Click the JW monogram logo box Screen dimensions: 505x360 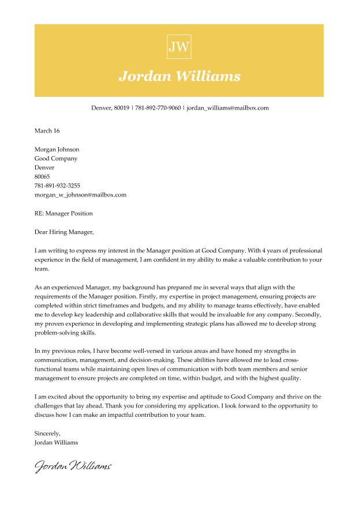[179, 47]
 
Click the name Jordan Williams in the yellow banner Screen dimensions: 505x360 [179, 76]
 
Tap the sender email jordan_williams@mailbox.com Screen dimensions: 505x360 [228, 108]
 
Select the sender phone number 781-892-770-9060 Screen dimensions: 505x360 [157, 108]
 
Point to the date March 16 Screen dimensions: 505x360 [47, 131]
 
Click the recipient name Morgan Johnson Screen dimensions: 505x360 [57, 149]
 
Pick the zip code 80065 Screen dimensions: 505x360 [42, 176]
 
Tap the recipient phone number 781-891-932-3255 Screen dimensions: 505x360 [57, 186]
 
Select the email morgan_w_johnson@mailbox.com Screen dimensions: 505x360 [80, 195]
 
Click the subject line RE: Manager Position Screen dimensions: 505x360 [63, 213]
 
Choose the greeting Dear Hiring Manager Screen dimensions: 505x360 [63, 232]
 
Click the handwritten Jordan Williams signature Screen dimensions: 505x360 [73, 466]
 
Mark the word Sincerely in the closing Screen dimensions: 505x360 [47, 433]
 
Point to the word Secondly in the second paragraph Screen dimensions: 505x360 [309, 315]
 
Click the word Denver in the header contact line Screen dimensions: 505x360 [101, 108]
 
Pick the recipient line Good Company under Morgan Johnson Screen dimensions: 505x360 [56, 159]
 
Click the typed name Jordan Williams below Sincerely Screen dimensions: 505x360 [57, 442]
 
